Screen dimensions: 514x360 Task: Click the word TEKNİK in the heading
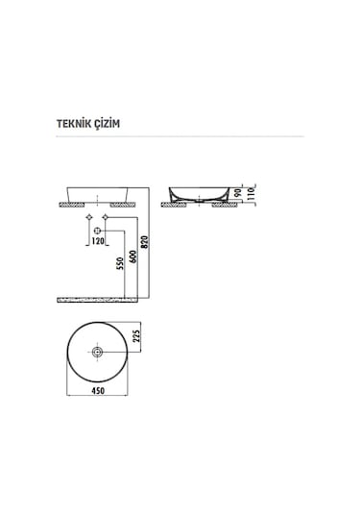click(x=75, y=124)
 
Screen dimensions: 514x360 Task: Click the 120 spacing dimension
click(x=98, y=240)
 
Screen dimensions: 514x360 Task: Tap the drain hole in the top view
click(x=98, y=353)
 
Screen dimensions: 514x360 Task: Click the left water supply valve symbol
click(x=88, y=220)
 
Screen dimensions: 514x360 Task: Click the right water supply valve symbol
click(x=108, y=220)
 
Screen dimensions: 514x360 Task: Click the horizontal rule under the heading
click(x=180, y=137)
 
